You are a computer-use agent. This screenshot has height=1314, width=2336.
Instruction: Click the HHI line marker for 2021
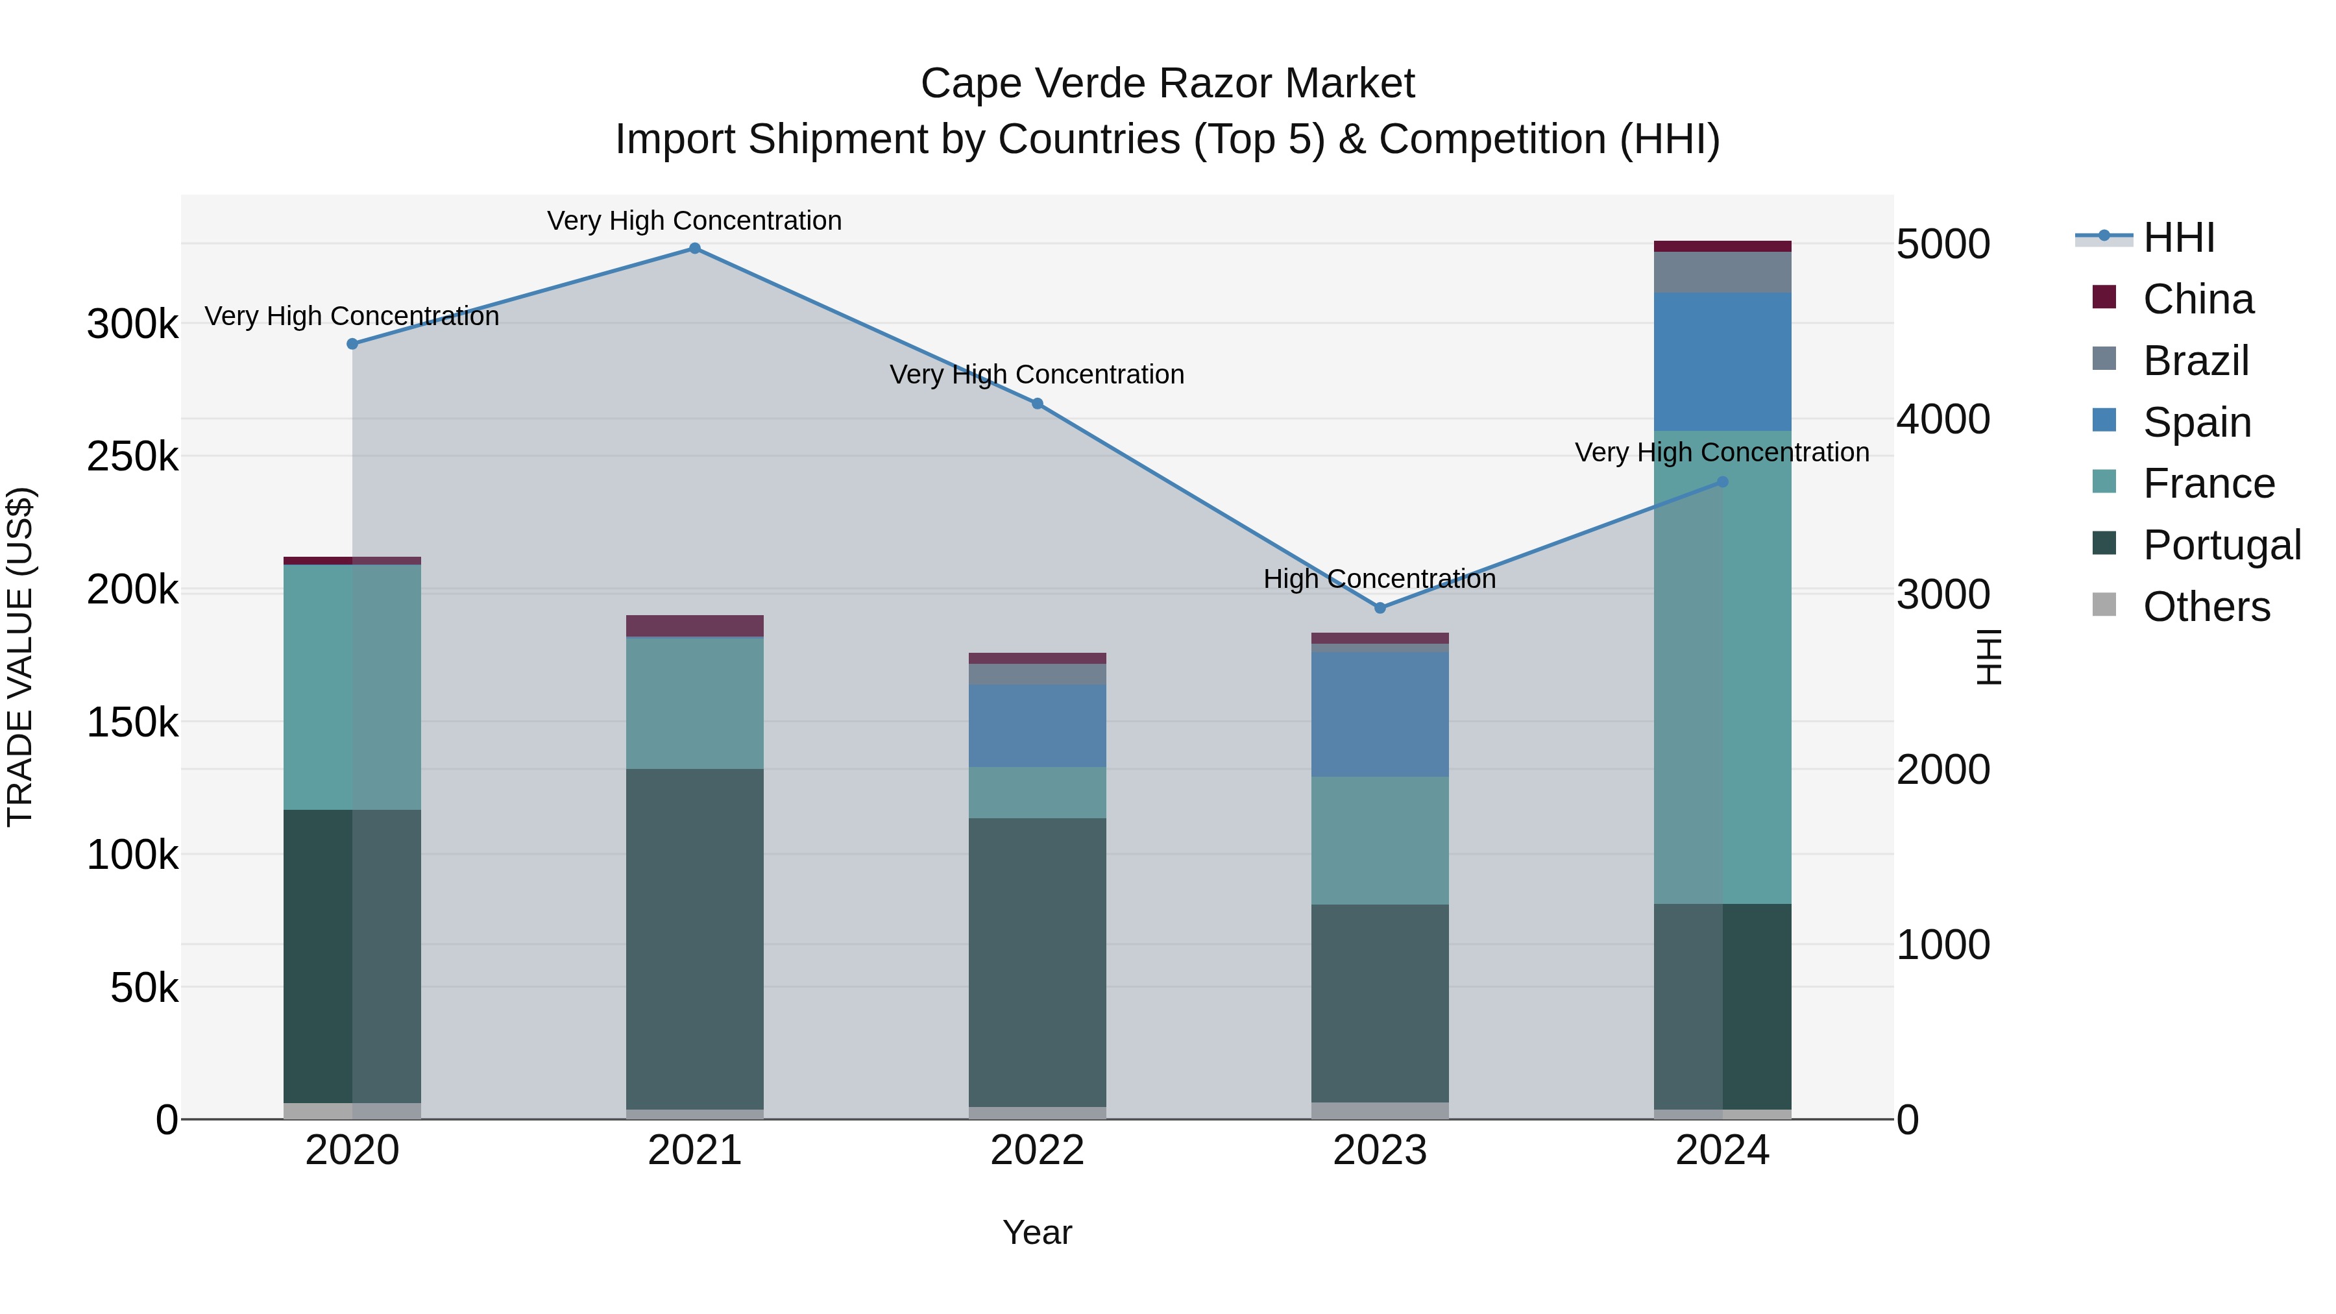[694, 249]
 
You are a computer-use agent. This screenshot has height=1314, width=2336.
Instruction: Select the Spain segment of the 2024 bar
[1722, 362]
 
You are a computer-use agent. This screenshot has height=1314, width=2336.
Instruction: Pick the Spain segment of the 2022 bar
[1038, 725]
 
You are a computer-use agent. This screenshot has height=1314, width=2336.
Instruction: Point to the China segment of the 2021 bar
[694, 626]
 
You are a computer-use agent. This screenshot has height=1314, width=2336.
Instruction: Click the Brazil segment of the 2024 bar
[1722, 272]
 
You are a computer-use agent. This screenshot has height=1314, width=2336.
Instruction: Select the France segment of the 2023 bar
[1380, 840]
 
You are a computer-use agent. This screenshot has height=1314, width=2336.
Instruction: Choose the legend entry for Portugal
[2221, 545]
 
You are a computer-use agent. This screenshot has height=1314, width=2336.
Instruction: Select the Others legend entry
[2206, 607]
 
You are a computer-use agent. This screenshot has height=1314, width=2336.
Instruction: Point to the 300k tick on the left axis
[132, 324]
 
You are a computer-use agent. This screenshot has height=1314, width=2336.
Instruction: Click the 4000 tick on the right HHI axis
[1942, 420]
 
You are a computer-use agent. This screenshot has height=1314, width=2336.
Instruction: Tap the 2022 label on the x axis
[1038, 1150]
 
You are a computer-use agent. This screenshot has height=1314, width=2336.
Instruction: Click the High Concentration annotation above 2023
[1380, 579]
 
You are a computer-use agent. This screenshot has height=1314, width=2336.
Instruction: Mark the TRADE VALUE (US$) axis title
[20, 657]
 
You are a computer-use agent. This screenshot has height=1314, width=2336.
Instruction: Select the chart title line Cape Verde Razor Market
[1167, 84]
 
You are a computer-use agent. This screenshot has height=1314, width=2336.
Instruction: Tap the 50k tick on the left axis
[144, 988]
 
